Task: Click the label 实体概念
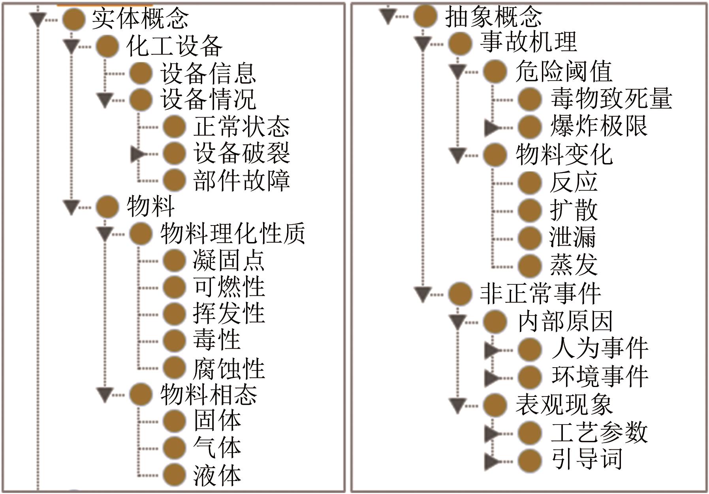[140, 19]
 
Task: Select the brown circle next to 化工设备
[107, 46]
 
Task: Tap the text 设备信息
[208, 73]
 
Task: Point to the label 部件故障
[241, 181]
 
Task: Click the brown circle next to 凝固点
[174, 261]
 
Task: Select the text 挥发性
[229, 314]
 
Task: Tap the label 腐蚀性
[229, 368]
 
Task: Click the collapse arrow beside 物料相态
[105, 395]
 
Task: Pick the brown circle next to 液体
[174, 475]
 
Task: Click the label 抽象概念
[493, 17]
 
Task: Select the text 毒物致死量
[611, 98]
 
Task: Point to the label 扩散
[574, 210]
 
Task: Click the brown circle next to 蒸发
[529, 265]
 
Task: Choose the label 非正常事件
[540, 294]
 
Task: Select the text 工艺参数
[599, 432]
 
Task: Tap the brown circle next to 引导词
[529, 460]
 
